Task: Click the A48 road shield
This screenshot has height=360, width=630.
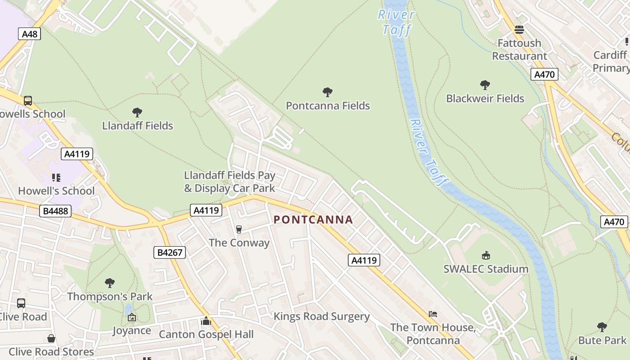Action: (x=30, y=34)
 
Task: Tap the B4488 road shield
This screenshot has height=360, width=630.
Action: (x=55, y=211)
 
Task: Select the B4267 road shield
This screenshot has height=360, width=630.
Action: (x=170, y=252)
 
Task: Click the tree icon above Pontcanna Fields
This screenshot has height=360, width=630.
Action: (x=328, y=92)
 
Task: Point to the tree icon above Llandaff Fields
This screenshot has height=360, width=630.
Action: (x=137, y=112)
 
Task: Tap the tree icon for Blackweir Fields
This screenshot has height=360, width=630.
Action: (x=485, y=85)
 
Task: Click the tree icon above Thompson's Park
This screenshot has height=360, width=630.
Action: (x=109, y=283)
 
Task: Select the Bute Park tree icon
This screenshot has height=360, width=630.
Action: (x=602, y=327)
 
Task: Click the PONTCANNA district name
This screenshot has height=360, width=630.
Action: (x=313, y=220)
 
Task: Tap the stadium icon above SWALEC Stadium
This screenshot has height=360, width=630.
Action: (x=486, y=256)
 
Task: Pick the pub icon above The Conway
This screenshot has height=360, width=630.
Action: (x=239, y=229)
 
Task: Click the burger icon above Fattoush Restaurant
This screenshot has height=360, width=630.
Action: (x=519, y=30)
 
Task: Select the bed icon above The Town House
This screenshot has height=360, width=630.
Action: (x=432, y=314)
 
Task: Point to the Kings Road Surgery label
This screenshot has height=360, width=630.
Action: (x=321, y=316)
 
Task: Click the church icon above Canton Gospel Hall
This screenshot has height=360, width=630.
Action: (x=206, y=321)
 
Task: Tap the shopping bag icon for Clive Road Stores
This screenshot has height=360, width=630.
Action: (x=51, y=338)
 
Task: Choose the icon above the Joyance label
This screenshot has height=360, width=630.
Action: (x=131, y=317)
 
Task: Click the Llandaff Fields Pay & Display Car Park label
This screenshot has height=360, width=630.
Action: (x=229, y=181)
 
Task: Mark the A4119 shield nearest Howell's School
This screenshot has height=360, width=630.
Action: (x=77, y=154)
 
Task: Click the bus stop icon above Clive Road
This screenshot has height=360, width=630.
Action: (x=21, y=303)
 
